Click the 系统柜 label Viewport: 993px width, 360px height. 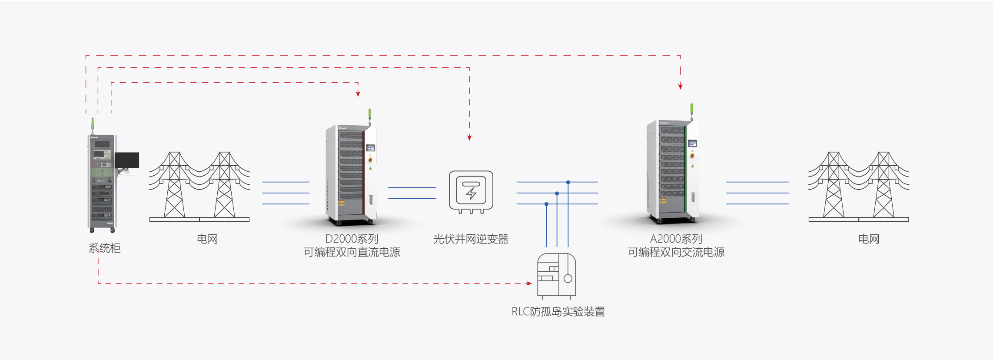(104, 248)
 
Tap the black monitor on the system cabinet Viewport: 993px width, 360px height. (127, 160)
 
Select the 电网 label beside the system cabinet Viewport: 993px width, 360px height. (207, 239)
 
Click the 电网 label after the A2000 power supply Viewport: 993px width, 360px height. (868, 239)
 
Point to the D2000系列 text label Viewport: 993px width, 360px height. (352, 239)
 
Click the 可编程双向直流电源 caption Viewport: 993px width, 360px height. (352, 252)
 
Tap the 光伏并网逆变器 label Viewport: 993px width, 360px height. (471, 239)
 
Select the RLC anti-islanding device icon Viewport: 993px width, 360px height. (557, 275)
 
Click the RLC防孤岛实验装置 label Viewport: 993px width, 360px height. (558, 312)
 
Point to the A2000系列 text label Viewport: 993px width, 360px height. (676, 239)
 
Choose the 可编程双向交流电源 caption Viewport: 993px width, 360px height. (676, 252)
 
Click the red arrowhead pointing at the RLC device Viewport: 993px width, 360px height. (529, 283)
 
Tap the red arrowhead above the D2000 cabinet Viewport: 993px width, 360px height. (358, 93)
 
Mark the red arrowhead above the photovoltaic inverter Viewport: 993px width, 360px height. (469, 137)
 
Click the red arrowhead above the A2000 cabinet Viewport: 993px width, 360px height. (681, 87)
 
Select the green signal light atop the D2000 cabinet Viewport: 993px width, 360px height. (369, 113)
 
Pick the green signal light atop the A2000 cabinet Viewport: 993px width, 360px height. (691, 109)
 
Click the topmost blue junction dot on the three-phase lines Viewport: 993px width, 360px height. (568, 182)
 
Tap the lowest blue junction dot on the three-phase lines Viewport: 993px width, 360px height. (546, 204)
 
